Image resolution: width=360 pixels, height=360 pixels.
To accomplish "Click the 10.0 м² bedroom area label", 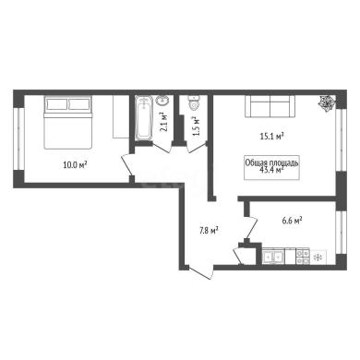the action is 75,165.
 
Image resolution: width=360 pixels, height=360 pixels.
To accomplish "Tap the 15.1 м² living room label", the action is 271,136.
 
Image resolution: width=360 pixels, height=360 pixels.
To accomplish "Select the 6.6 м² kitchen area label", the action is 291,221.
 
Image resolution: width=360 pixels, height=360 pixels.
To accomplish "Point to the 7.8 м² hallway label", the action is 209,231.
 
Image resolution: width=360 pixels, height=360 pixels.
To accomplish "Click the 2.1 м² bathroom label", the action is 164,122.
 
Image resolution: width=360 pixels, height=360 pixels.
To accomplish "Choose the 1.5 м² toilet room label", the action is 196,126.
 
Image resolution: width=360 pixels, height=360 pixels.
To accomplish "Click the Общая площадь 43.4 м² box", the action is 271,167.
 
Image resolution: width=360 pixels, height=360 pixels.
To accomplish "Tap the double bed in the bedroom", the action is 68,123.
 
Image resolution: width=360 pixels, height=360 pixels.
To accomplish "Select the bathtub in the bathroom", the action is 143,119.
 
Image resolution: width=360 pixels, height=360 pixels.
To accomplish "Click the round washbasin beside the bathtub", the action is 162,101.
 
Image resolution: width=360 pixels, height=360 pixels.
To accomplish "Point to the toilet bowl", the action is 194,102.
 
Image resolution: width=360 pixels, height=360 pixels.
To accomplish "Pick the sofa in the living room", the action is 270,106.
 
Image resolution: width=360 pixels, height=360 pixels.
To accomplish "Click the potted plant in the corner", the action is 327,103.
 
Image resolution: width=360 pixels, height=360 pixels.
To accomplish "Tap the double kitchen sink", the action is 273,257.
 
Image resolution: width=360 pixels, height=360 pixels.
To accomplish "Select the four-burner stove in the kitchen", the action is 303,257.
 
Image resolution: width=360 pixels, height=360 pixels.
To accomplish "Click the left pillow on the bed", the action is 56,104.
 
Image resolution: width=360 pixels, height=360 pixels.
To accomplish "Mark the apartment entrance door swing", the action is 200,272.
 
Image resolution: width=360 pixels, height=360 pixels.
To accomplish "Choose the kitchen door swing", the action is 251,228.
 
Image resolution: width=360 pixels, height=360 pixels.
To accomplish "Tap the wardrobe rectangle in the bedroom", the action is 120,116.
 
